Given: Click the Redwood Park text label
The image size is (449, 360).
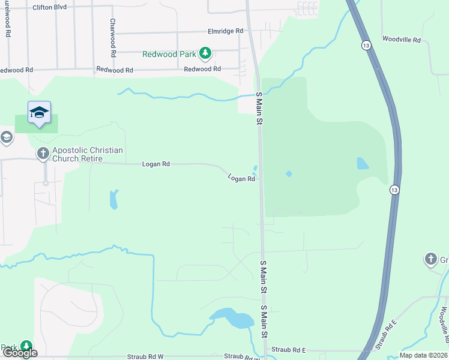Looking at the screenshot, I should [169, 54].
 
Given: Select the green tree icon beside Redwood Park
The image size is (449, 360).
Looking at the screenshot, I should [205, 53].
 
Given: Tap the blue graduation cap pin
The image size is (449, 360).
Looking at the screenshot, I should [39, 112].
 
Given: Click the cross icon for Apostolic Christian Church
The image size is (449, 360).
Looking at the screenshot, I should [43, 154].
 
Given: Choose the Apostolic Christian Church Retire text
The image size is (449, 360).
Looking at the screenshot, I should [88, 154].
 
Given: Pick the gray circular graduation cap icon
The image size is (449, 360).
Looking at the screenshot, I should [6, 138].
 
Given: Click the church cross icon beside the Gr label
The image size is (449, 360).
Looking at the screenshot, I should [430, 259].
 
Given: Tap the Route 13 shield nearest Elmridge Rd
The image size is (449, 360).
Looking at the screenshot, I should [366, 46].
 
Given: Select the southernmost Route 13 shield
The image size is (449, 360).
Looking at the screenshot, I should [394, 190].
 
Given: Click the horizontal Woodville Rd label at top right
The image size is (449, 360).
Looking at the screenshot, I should [405, 40].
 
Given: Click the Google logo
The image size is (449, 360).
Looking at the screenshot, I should [20, 353].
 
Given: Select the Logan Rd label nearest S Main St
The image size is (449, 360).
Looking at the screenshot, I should [242, 178].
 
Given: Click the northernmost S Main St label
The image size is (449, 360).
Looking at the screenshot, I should [260, 109].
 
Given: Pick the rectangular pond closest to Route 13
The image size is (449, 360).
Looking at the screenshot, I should [363, 163].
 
